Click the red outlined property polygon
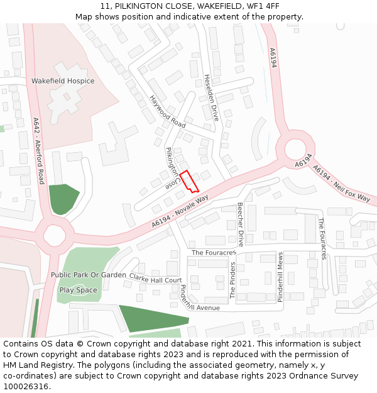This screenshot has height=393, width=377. pyautogui.click(x=189, y=181)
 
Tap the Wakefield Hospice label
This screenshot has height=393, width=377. pyautogui.click(x=63, y=81)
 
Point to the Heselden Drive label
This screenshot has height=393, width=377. pyautogui.click(x=212, y=97)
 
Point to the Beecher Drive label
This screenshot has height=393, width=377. pyautogui.click(x=240, y=224)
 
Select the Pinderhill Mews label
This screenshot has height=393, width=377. pyautogui.click(x=281, y=277)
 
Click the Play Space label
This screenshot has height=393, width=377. pyautogui.click(x=78, y=290)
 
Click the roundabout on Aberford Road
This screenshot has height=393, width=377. pyautogui.click(x=54, y=235)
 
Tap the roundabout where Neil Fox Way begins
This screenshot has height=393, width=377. pyautogui.click(x=295, y=150)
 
